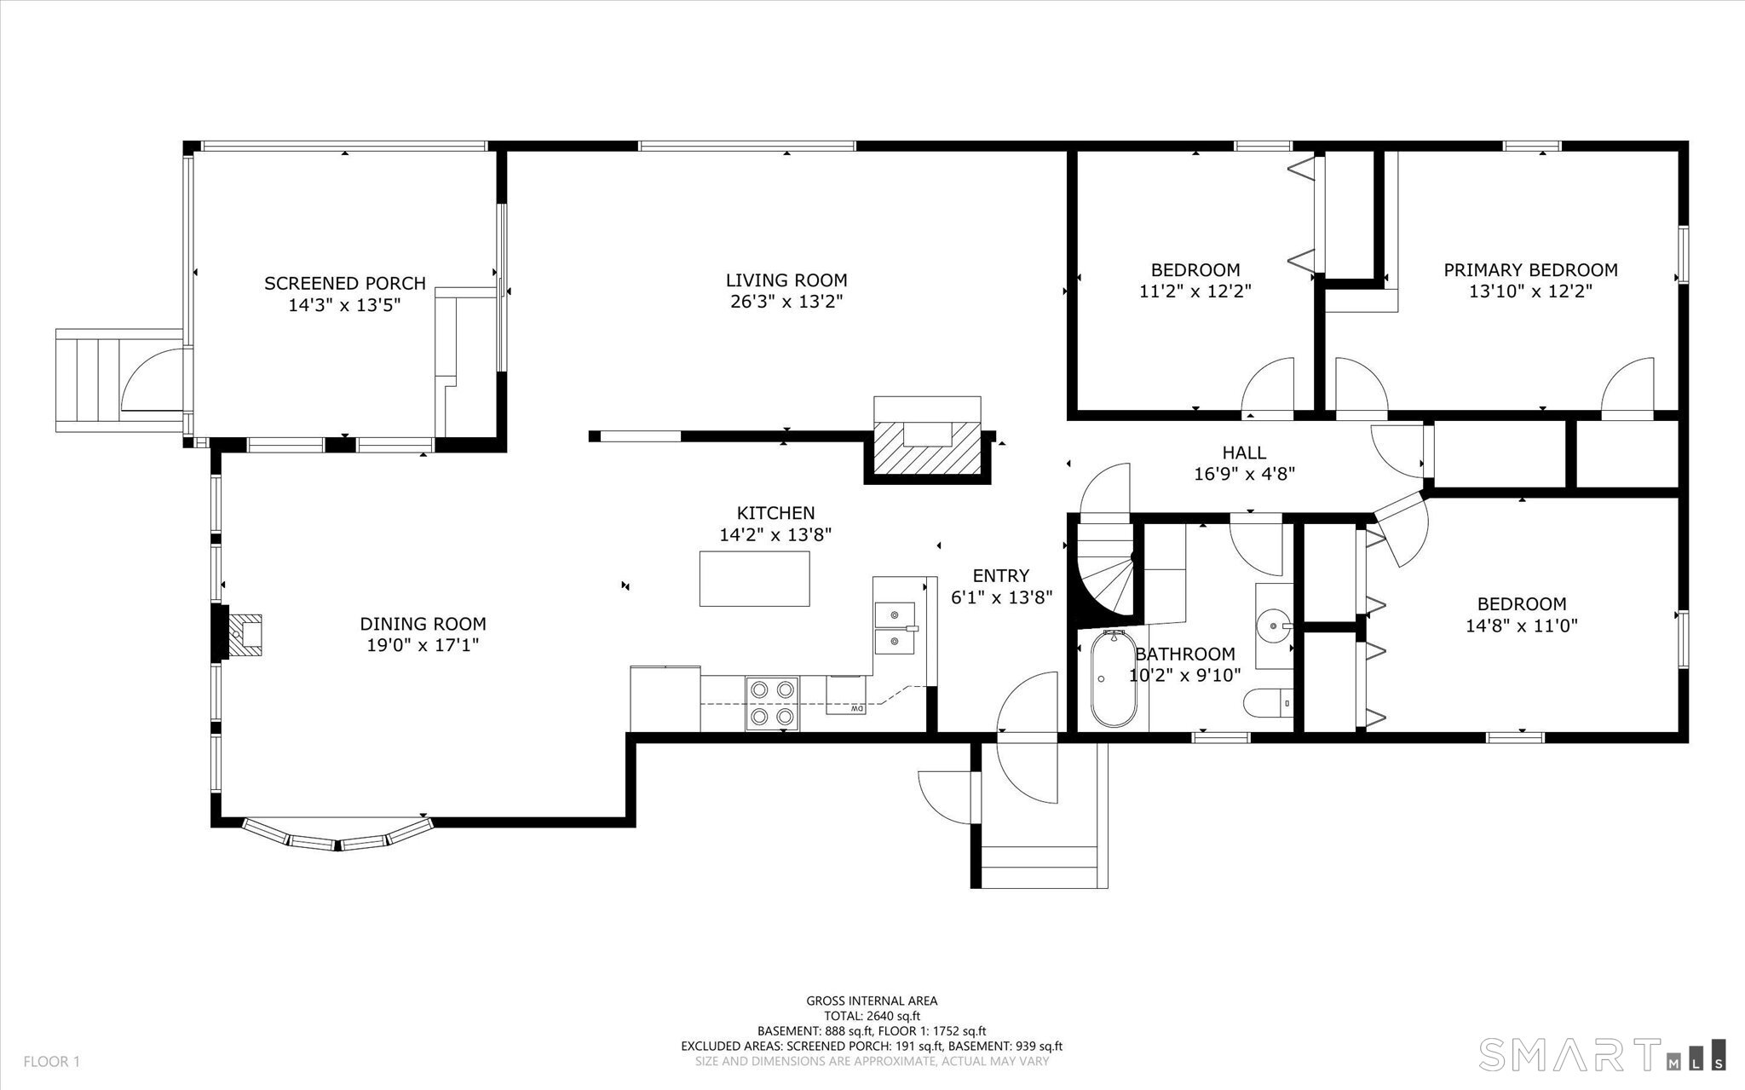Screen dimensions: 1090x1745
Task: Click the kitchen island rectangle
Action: [754, 579]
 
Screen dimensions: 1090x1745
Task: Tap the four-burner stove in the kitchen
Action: [773, 703]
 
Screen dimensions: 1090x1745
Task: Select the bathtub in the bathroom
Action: [1113, 678]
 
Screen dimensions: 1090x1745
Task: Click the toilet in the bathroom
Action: [1268, 704]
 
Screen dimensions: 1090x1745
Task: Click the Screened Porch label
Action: [344, 283]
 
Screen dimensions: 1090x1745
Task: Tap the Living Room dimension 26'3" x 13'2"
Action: [786, 302]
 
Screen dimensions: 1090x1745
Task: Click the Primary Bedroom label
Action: [1529, 270]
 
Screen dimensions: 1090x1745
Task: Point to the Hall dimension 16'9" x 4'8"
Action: [1244, 474]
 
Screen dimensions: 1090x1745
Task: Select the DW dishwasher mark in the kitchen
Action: [856, 708]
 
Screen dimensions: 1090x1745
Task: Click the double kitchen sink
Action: [895, 626]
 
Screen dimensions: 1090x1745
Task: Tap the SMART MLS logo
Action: [1602, 1053]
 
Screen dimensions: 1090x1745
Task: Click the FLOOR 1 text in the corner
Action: [51, 1062]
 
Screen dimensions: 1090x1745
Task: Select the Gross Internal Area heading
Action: [872, 1001]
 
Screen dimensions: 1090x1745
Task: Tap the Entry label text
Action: [1000, 576]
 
